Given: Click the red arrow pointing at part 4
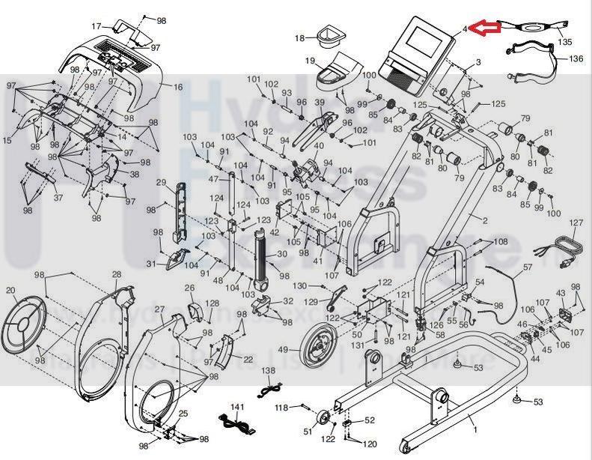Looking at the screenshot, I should pyautogui.click(x=484, y=28).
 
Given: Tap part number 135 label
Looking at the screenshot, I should pyautogui.click(x=565, y=43).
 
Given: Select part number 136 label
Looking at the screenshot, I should pyautogui.click(x=576, y=58).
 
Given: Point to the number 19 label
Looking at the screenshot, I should pyautogui.click(x=309, y=60).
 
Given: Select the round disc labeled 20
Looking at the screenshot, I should pyautogui.click(x=25, y=323).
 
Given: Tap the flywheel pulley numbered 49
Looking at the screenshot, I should pyautogui.click(x=317, y=348).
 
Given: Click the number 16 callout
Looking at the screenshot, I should pyautogui.click(x=177, y=88).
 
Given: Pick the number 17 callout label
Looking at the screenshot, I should pyautogui.click(x=96, y=26).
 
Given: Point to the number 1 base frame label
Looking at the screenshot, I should pyautogui.click(x=473, y=430).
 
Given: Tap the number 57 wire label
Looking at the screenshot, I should pyautogui.click(x=527, y=266).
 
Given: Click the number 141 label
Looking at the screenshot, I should pyautogui.click(x=237, y=407).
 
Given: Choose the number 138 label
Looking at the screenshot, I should pyautogui.click(x=269, y=371).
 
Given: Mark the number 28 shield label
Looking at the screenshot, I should pyautogui.click(x=116, y=275).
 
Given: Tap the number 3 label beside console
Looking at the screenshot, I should pyautogui.click(x=477, y=60).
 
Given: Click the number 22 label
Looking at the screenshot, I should pyautogui.click(x=248, y=360).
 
